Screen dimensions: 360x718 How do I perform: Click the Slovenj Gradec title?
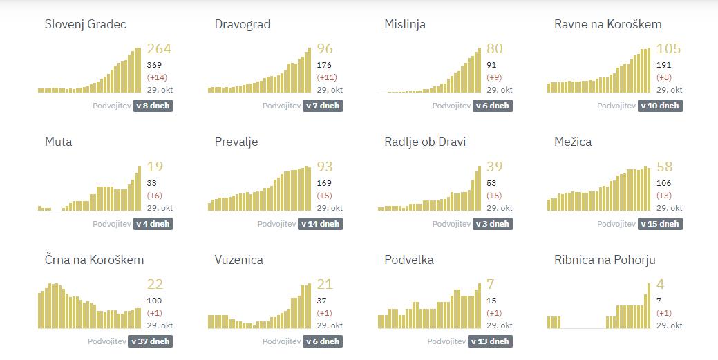(x=85, y=24)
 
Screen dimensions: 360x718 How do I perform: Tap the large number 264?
(x=159, y=48)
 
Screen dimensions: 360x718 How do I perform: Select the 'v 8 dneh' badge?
(x=153, y=106)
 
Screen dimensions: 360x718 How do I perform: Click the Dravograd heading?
(x=243, y=24)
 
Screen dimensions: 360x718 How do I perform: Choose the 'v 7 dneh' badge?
(x=323, y=106)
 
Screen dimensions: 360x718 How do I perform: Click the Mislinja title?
(x=405, y=24)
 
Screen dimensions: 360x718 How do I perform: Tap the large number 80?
(x=495, y=48)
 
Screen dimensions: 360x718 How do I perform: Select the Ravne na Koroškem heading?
(x=607, y=24)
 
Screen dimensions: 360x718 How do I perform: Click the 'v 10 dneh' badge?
(x=661, y=106)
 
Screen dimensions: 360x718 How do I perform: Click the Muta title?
(x=58, y=142)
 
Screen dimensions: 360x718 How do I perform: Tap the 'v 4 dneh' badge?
(x=153, y=224)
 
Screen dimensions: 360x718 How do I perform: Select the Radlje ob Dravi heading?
(x=425, y=142)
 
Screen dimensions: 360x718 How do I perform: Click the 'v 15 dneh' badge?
(x=661, y=224)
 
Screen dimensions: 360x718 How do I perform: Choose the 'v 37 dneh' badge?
(x=150, y=341)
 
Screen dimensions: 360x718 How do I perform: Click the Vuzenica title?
(x=239, y=260)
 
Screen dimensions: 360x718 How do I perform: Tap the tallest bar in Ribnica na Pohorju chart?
(x=649, y=305)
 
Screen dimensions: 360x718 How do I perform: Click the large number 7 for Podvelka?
(x=491, y=284)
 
